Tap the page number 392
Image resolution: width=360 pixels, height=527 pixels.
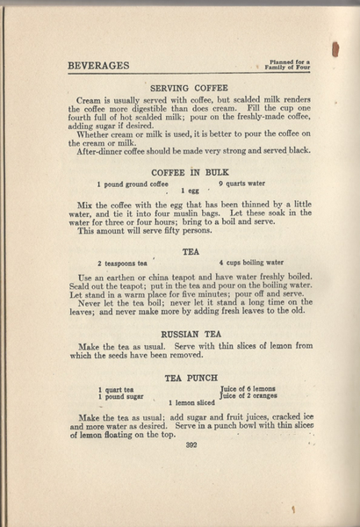coord(191,445)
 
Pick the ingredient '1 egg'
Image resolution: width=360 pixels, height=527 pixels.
coord(189,191)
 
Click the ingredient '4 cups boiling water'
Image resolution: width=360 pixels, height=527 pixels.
coord(251,263)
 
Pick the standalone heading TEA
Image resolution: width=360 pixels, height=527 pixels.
coord(191,251)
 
